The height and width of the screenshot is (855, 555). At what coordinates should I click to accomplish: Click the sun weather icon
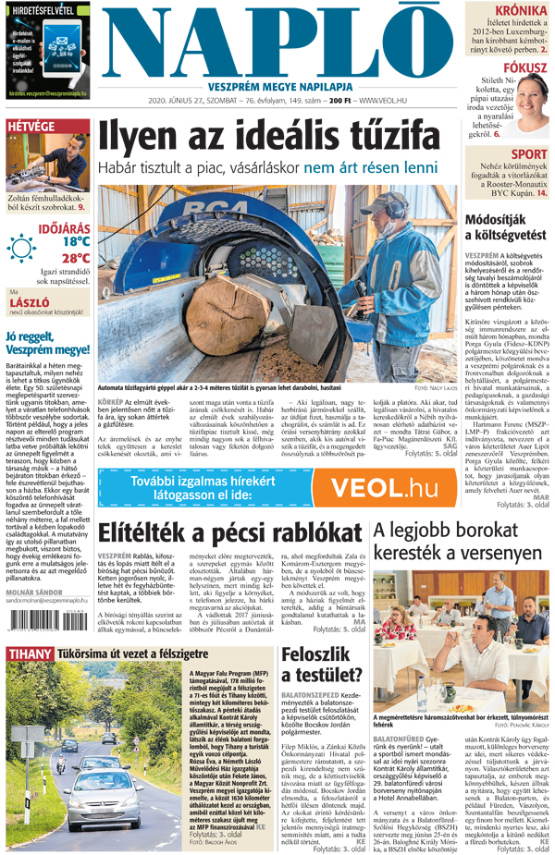point(21,250)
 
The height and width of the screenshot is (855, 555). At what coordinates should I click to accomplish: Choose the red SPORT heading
point(529,153)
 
